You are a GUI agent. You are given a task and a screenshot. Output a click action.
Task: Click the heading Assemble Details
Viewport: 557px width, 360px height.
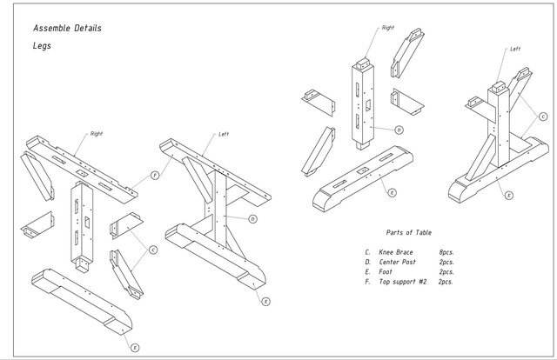[67, 29]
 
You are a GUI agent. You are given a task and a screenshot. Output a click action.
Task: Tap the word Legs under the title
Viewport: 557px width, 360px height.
[42, 46]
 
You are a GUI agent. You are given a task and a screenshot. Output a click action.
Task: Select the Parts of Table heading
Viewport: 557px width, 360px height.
[409, 232]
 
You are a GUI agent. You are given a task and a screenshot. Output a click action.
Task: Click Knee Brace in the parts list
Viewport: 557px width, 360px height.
[396, 252]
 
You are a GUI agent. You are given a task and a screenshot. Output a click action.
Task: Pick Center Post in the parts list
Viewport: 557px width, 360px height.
[397, 262]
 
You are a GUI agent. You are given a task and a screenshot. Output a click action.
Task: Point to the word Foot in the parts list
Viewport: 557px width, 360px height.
[386, 272]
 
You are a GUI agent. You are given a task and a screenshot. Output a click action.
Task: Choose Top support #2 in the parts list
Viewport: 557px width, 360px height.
[402, 282]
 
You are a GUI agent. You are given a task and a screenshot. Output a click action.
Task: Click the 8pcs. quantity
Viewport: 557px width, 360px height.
[446, 252]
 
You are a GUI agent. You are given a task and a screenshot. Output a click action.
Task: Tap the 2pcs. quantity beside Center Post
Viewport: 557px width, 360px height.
[446, 263]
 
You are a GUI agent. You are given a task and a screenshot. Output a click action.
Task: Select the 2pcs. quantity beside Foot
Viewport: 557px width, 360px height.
[446, 272]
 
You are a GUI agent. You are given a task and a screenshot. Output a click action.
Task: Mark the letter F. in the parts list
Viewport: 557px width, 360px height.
[367, 282]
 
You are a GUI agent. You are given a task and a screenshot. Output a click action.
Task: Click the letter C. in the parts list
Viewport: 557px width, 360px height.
[367, 252]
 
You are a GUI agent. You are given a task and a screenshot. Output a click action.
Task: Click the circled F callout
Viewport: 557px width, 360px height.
[155, 175]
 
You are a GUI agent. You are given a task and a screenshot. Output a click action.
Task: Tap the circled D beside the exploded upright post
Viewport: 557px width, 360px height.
[399, 130]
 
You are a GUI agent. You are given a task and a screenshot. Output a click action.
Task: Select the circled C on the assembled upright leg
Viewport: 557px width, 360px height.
[543, 117]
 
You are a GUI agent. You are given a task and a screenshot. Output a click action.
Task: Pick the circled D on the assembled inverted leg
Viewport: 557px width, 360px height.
[252, 219]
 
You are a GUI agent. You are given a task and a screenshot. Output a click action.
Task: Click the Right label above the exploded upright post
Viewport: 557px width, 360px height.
[388, 28]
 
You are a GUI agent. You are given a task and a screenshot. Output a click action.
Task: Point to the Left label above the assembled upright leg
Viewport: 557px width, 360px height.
[515, 49]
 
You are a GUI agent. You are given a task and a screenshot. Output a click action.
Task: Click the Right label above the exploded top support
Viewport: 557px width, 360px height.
[97, 134]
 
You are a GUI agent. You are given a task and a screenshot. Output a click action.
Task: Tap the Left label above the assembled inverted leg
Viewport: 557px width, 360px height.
[224, 134]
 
